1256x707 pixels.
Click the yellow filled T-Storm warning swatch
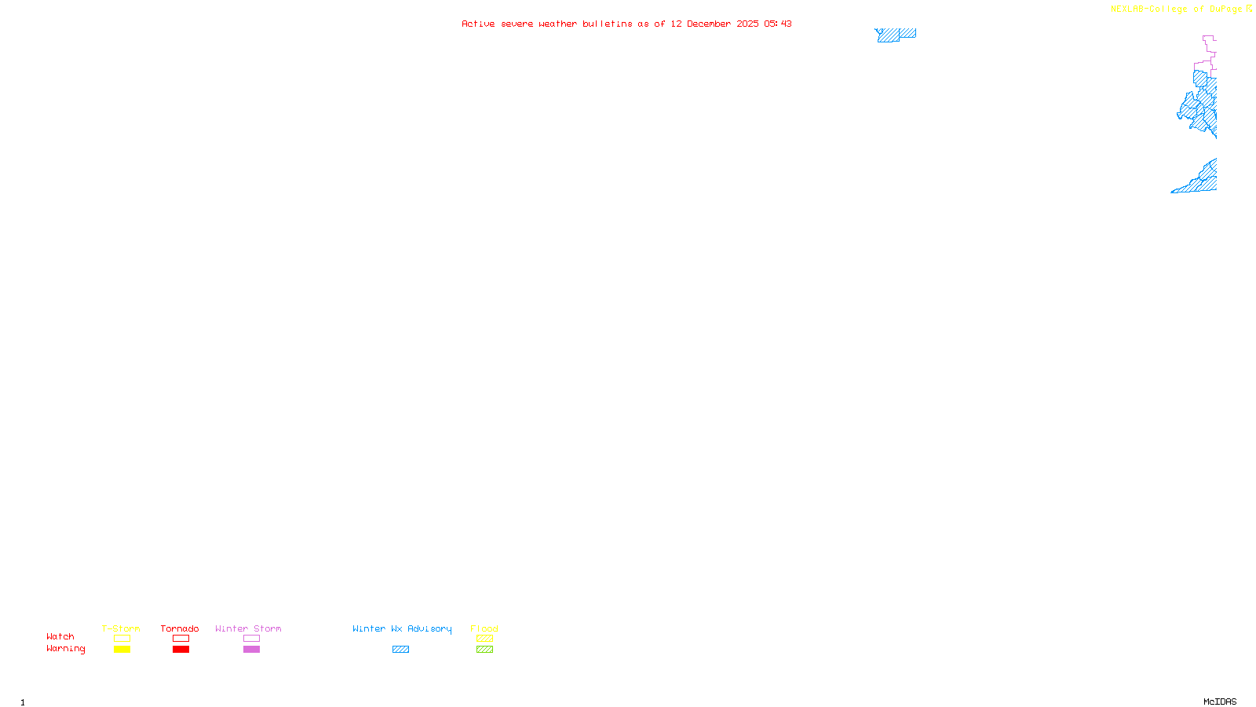(122, 650)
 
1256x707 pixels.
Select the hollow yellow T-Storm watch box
(122, 639)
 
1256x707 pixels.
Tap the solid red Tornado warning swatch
(181, 650)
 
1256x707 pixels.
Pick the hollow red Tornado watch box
(181, 639)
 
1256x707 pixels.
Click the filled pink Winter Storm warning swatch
(251, 650)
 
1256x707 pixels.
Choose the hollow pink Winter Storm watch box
(251, 639)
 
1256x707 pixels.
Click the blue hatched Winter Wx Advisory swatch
(400, 650)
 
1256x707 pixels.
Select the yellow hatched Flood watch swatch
(484, 639)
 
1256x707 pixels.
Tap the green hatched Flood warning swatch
(484, 650)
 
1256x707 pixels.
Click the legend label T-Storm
(121, 628)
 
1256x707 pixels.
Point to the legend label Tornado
(180, 628)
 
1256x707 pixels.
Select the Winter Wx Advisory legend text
(402, 628)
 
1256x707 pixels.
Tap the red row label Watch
(60, 636)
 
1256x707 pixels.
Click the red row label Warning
(66, 649)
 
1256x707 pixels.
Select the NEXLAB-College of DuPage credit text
(1177, 9)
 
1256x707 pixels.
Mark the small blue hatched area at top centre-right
(895, 35)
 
